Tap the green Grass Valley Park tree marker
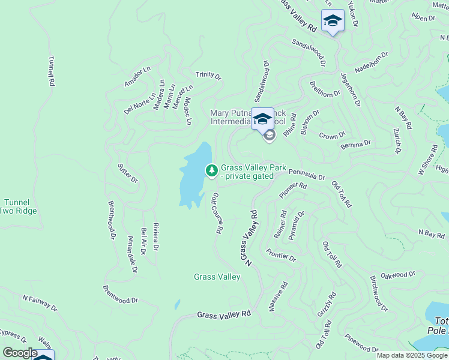tap(211, 171)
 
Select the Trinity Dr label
tap(208, 76)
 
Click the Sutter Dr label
tap(128, 173)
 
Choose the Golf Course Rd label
tap(217, 213)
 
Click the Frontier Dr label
tap(281, 255)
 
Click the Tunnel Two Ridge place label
tap(19, 206)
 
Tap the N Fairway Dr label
tap(40, 302)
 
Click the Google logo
tap(20, 353)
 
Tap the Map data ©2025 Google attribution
tap(412, 355)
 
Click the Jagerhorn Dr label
tap(350, 89)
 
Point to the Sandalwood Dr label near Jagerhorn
tap(309, 53)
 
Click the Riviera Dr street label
tap(155, 236)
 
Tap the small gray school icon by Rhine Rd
tap(270, 136)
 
